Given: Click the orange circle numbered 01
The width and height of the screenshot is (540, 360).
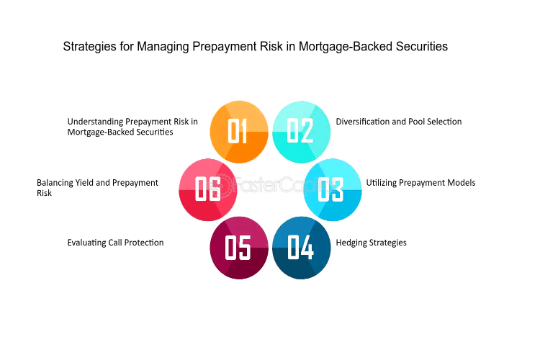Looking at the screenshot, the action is tap(239, 132).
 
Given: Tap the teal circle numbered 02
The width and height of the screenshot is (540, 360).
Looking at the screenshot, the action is tap(302, 132).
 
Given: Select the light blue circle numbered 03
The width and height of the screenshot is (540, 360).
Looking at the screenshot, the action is tap(333, 190).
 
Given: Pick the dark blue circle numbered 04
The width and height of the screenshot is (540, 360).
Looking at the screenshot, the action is tap(302, 248).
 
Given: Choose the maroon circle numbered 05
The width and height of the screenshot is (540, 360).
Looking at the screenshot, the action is tap(239, 248).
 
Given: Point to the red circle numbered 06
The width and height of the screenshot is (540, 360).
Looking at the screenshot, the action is tap(208, 190).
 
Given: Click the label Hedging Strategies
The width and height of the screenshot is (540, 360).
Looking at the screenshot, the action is tap(372, 243).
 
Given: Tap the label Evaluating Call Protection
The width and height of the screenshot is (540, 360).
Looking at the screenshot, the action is tap(115, 243).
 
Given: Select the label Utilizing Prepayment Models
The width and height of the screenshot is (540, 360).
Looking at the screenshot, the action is tap(421, 183).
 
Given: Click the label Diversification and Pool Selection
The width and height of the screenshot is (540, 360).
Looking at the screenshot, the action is tap(399, 122).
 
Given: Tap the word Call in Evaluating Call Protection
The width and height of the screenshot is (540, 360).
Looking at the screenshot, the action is tap(115, 243).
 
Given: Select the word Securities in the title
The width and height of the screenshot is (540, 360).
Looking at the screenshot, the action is tap(422, 47).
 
